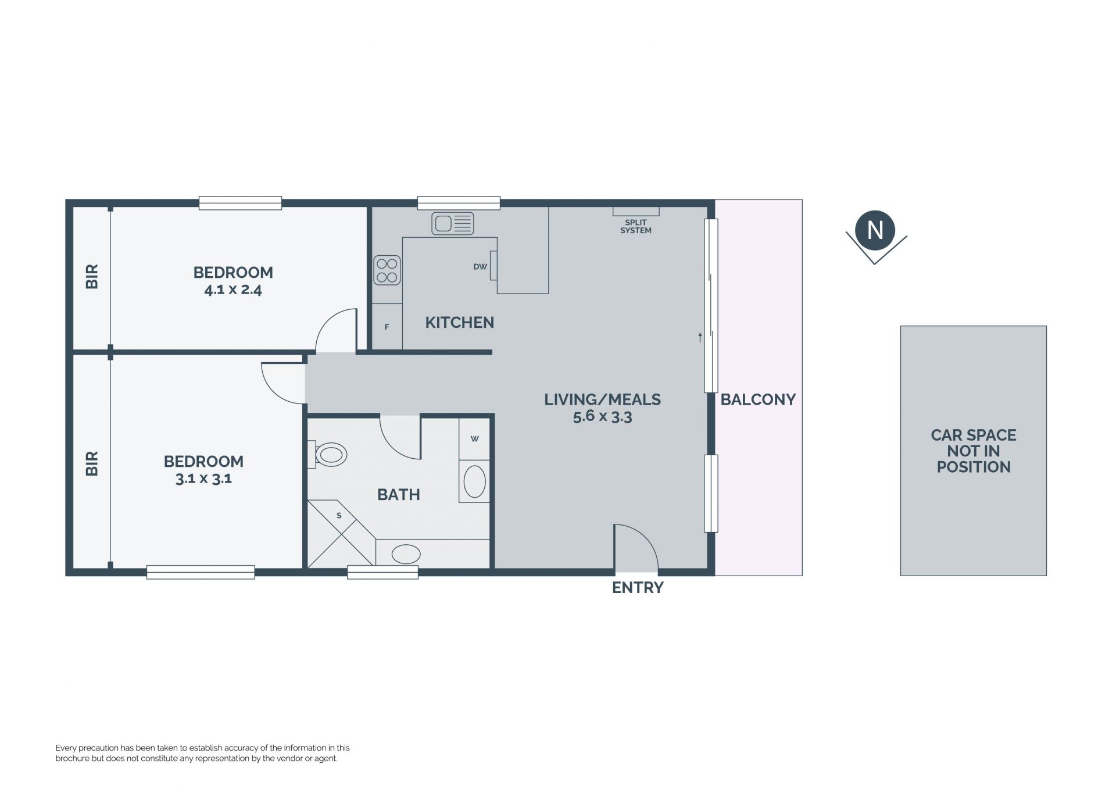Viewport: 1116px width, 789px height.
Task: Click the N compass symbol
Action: pyautogui.click(x=875, y=231)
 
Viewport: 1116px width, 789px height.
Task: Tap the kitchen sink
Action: pyautogui.click(x=453, y=223)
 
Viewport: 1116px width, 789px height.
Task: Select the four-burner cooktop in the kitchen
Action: pyautogui.click(x=387, y=270)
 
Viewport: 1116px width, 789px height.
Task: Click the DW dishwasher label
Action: pyautogui.click(x=480, y=267)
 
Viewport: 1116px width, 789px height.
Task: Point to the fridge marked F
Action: pyautogui.click(x=387, y=327)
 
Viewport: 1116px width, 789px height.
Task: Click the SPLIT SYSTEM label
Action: pyautogui.click(x=636, y=226)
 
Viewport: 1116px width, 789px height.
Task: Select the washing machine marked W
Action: pyautogui.click(x=475, y=439)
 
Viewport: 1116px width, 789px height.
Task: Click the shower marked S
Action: pyautogui.click(x=341, y=534)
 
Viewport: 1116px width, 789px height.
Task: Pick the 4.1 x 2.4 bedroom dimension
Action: pyautogui.click(x=233, y=290)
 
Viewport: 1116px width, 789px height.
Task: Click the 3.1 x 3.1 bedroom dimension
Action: pyautogui.click(x=203, y=479)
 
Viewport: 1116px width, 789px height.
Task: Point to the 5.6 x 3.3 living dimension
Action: pyautogui.click(x=602, y=416)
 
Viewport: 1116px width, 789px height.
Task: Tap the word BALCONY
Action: pyautogui.click(x=758, y=399)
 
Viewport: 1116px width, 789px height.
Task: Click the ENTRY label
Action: pyautogui.click(x=638, y=588)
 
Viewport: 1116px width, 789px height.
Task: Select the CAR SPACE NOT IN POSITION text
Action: pyautogui.click(x=974, y=451)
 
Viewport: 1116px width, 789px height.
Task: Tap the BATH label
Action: pyautogui.click(x=399, y=495)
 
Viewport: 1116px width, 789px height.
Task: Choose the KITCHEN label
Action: pyautogui.click(x=460, y=323)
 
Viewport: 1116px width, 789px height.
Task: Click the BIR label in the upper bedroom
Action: pyautogui.click(x=92, y=277)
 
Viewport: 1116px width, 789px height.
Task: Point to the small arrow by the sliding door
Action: pyautogui.click(x=700, y=337)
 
